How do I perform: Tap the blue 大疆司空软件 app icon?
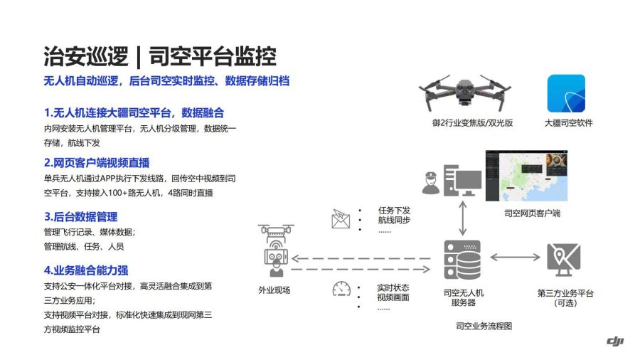(566, 93)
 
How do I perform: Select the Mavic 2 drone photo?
(464, 92)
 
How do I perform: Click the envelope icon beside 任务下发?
(341, 218)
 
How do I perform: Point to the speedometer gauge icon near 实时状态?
(341, 289)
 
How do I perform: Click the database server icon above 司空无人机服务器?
(462, 260)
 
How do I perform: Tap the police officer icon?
(431, 183)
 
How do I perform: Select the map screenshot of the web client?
(526, 176)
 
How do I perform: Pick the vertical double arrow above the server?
(462, 218)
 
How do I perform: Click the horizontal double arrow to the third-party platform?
(515, 257)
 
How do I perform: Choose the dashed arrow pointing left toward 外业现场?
(361, 258)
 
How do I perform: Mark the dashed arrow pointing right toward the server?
(361, 269)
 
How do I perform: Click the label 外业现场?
(274, 290)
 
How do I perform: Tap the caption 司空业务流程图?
(484, 326)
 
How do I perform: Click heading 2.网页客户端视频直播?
(97, 163)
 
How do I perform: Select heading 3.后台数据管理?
(81, 217)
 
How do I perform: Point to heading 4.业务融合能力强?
(86, 270)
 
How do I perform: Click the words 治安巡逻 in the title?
(86, 56)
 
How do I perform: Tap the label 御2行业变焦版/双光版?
(473, 123)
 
